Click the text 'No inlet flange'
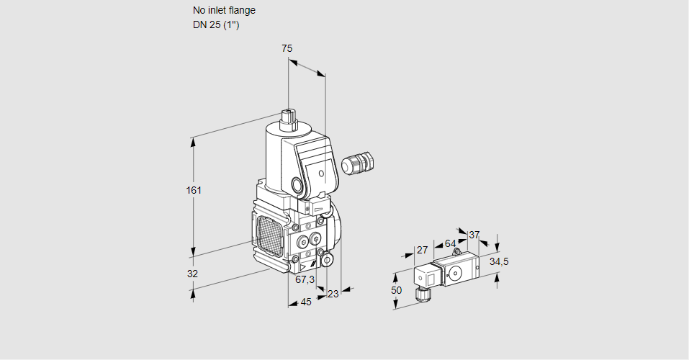pyautogui.click(x=224, y=11)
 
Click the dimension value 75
pyautogui.click(x=287, y=48)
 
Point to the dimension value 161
pyautogui.click(x=194, y=191)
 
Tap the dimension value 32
pyautogui.click(x=192, y=274)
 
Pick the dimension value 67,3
pyautogui.click(x=305, y=279)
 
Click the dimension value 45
pyautogui.click(x=306, y=302)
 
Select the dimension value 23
pyautogui.click(x=333, y=294)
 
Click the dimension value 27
pyautogui.click(x=423, y=251)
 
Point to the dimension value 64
pyautogui.click(x=450, y=243)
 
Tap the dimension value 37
pyautogui.click(x=474, y=235)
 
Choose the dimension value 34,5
pyautogui.click(x=499, y=261)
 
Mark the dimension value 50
pyautogui.click(x=396, y=289)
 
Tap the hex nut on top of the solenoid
pyautogui.click(x=288, y=118)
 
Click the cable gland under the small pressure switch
pyautogui.click(x=422, y=294)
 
